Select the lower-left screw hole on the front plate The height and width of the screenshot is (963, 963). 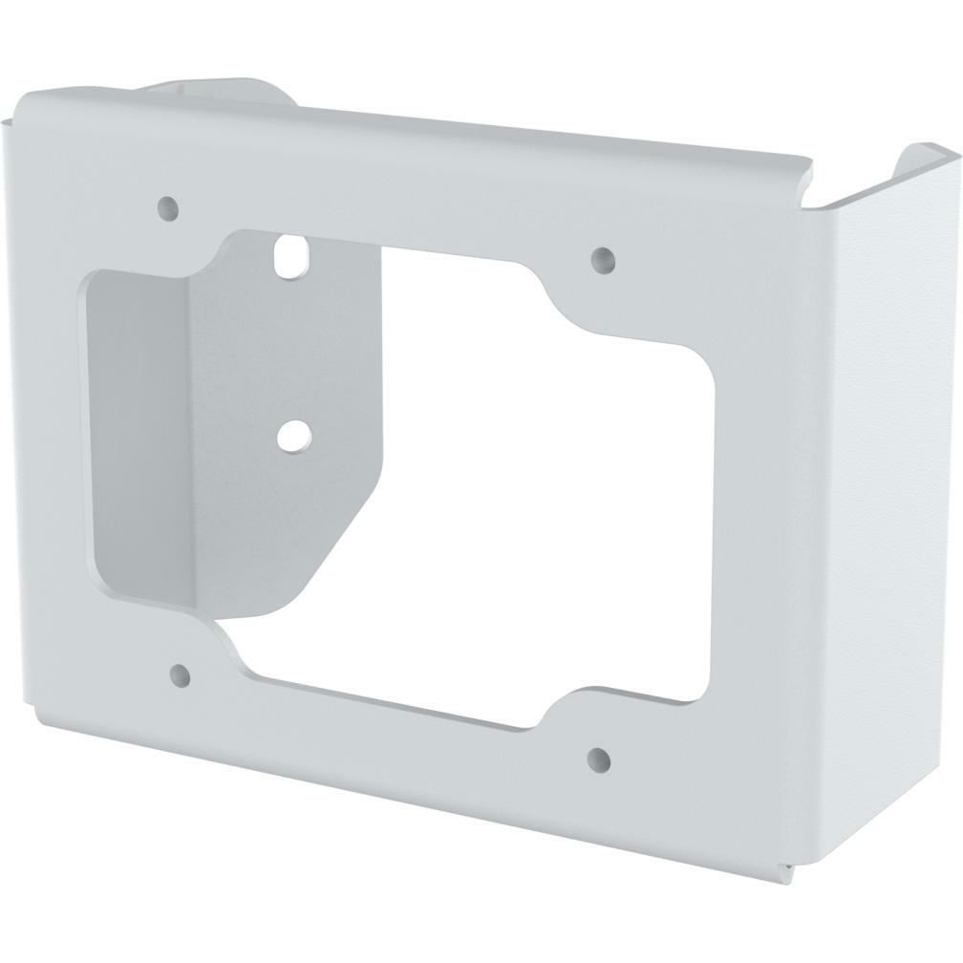(x=179, y=674)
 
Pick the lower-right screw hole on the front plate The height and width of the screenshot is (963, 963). (x=598, y=758)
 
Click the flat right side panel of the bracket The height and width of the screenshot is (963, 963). (x=879, y=497)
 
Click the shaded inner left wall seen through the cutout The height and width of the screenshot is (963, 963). (x=134, y=430)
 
